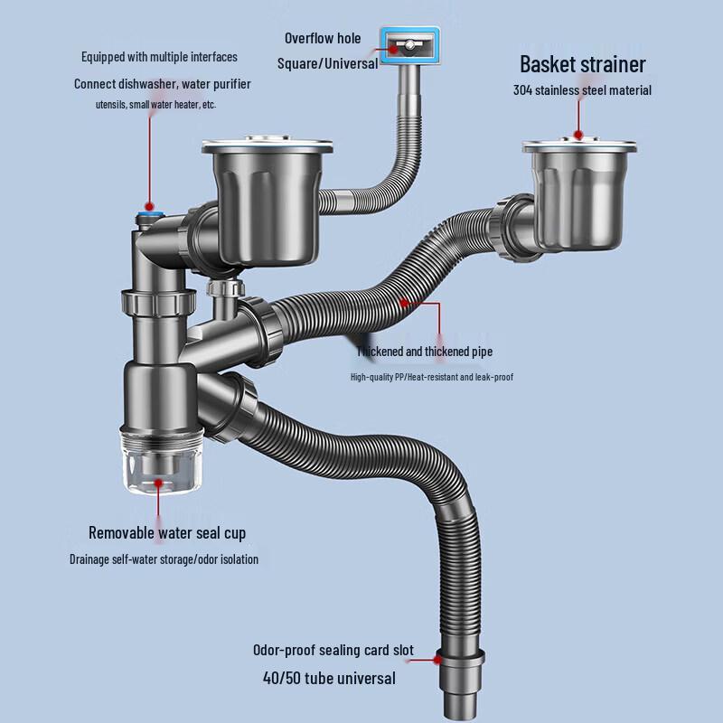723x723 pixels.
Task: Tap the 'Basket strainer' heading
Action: coord(582,64)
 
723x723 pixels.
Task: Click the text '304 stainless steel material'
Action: coord(582,90)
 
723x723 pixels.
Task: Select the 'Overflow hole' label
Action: coord(323,38)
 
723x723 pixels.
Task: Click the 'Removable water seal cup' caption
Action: coord(167,533)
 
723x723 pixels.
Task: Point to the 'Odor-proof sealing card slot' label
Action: coord(333,651)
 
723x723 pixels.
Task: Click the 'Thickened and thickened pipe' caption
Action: coord(425,352)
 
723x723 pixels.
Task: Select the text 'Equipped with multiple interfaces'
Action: coord(159,57)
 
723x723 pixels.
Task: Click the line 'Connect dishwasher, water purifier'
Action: coord(163,84)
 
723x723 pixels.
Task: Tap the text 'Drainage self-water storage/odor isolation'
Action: coord(164,559)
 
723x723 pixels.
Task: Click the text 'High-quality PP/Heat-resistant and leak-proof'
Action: coord(432,377)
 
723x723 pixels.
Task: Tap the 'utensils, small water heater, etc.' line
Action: coord(156,105)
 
